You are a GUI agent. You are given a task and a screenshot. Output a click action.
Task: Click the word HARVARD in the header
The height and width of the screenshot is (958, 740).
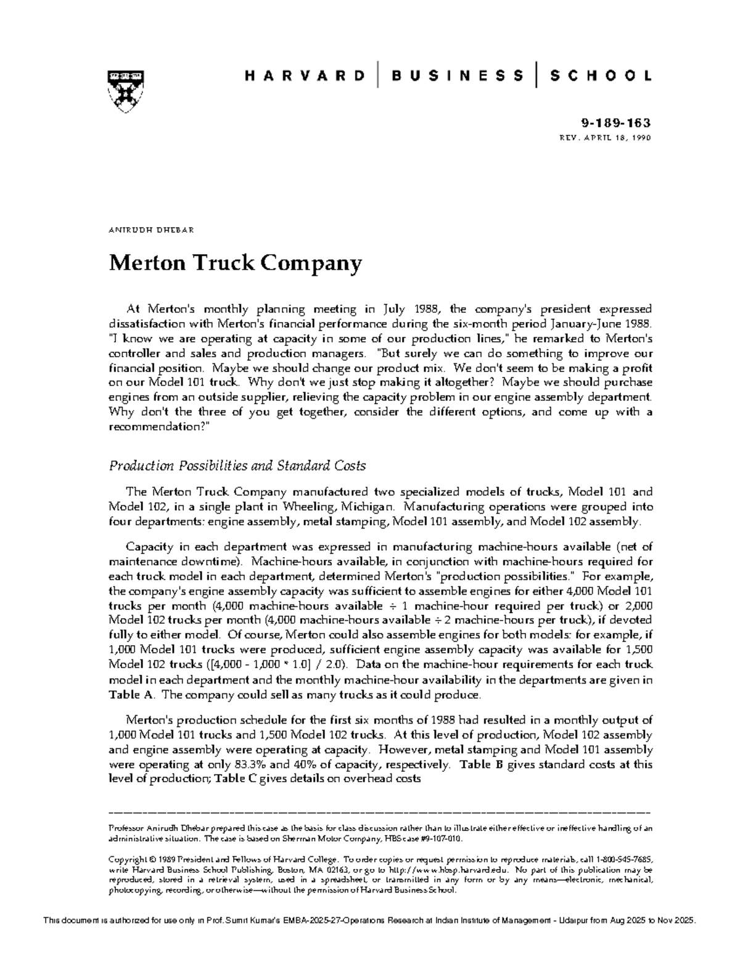305,76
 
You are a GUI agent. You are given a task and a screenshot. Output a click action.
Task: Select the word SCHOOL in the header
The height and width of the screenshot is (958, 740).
601,76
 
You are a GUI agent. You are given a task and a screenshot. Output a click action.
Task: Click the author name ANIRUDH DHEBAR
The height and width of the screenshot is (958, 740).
152,230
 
